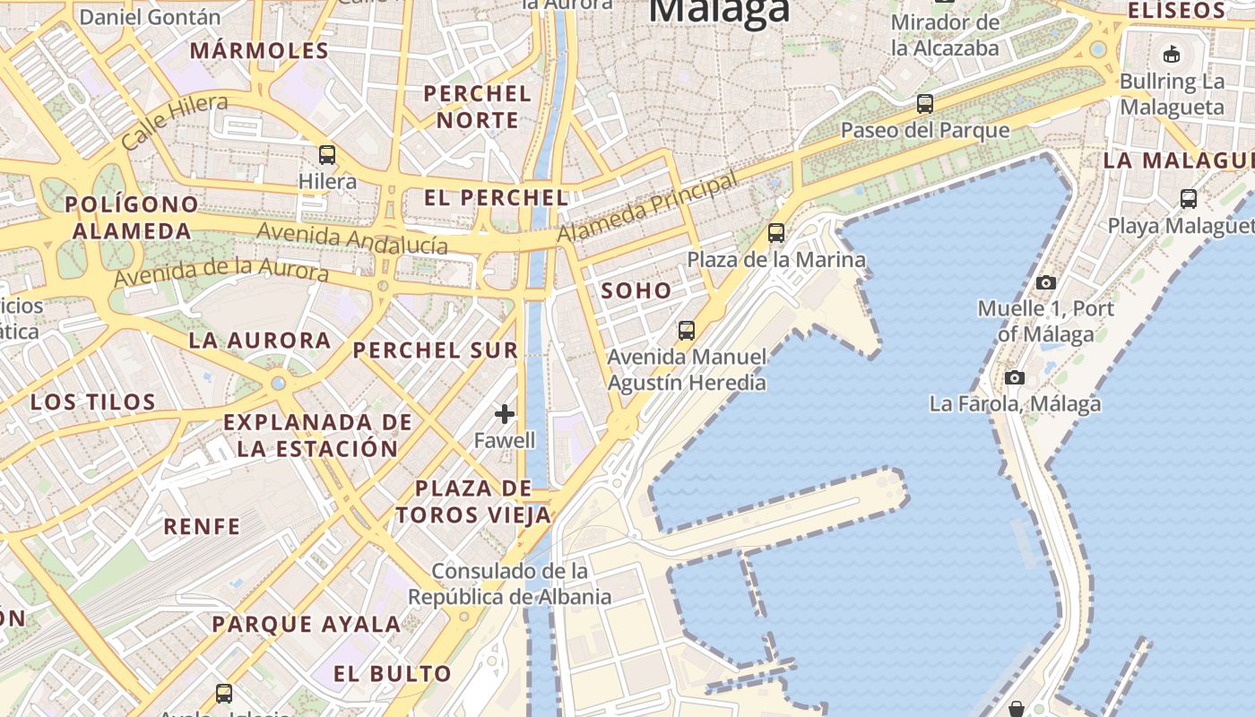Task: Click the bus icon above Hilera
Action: coord(327,154)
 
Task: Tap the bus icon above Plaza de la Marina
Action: coord(776,233)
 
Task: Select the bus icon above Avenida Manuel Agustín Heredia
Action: coord(687,330)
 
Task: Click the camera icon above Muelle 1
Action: coord(1045,282)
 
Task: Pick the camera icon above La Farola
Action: coord(1015,377)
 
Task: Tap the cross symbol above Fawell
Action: coord(505,413)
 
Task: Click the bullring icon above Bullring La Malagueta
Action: coord(1171,54)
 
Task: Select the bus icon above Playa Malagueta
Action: coord(1189,198)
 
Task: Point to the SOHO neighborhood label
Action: coord(636,290)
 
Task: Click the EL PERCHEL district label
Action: coord(496,198)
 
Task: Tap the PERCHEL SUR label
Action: coord(436,350)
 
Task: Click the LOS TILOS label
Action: coord(93,402)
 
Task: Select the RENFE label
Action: coord(202,526)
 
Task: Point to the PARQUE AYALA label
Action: coord(306,624)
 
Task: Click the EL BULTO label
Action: coord(393,674)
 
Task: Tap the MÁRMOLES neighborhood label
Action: coord(260,50)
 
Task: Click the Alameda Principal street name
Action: coord(648,207)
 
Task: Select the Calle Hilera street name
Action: coord(174,122)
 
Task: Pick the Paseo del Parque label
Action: coord(925,130)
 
